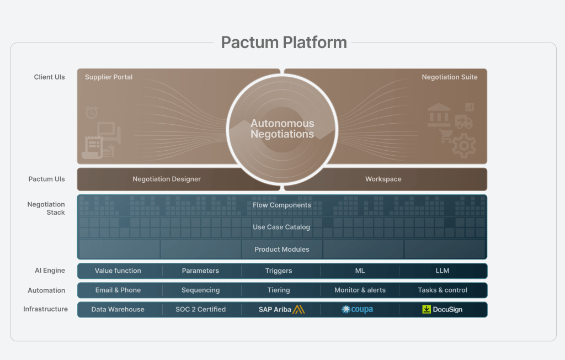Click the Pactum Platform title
tap(284, 43)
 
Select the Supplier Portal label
tap(109, 77)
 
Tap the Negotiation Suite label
tap(450, 77)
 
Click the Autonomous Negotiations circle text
tap(282, 129)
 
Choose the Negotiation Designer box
tap(167, 179)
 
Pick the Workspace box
tap(383, 179)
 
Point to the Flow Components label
tap(282, 205)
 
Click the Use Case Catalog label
tap(281, 227)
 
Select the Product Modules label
tap(281, 250)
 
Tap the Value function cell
tap(118, 271)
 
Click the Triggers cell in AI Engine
tap(279, 271)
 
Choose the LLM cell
tap(442, 271)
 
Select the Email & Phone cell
tap(118, 290)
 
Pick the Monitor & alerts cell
tap(360, 290)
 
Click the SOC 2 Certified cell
tap(200, 310)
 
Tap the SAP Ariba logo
tap(281, 310)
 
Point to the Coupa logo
tap(358, 310)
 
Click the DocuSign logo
tap(442, 310)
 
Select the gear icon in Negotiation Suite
tap(463, 146)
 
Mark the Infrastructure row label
tap(45, 309)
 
